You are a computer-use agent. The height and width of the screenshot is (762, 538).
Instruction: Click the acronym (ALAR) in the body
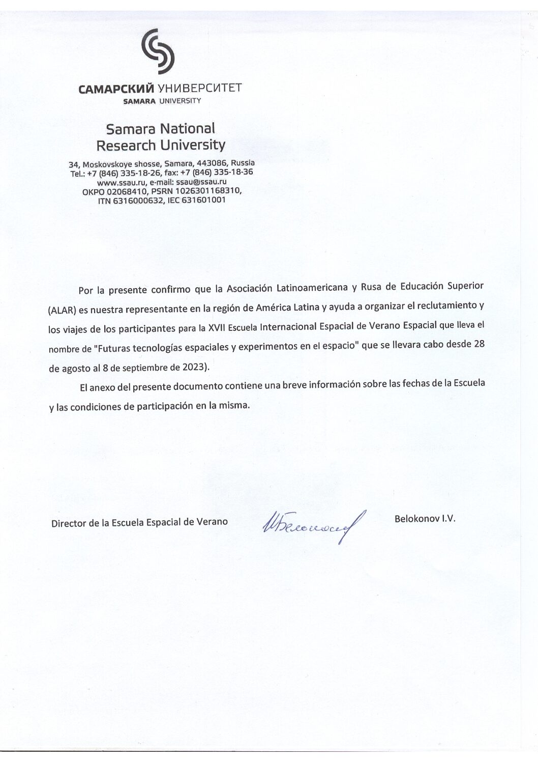62,310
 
